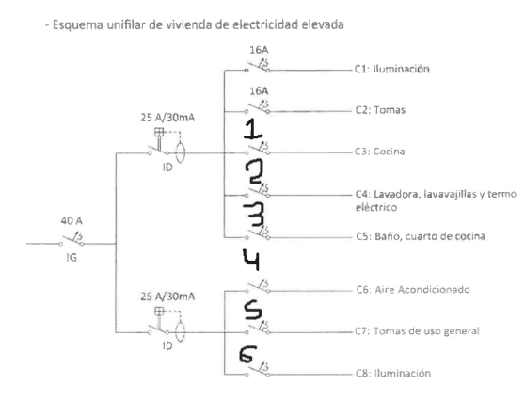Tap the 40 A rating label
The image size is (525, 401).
[x=72, y=221]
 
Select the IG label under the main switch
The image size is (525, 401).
[x=72, y=258]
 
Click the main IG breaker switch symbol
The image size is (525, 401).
[x=72, y=239]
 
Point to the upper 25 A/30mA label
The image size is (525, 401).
[x=167, y=118]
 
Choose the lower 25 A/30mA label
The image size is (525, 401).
[x=167, y=297]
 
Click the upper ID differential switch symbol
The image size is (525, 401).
[x=167, y=146]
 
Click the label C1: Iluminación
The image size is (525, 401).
[x=391, y=69]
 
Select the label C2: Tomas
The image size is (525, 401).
[x=380, y=110]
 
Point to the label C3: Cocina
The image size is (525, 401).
[x=380, y=152]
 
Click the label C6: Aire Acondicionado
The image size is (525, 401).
[x=413, y=289]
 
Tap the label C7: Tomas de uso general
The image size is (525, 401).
[x=417, y=331]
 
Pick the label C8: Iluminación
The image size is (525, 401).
[x=393, y=373]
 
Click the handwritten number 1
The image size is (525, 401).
[x=253, y=129]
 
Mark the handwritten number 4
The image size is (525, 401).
[x=251, y=259]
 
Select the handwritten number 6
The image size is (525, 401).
[x=247, y=355]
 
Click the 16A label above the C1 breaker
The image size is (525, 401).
[x=259, y=50]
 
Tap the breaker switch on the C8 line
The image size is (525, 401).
[x=257, y=369]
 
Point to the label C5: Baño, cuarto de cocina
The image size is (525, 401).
[x=421, y=236]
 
